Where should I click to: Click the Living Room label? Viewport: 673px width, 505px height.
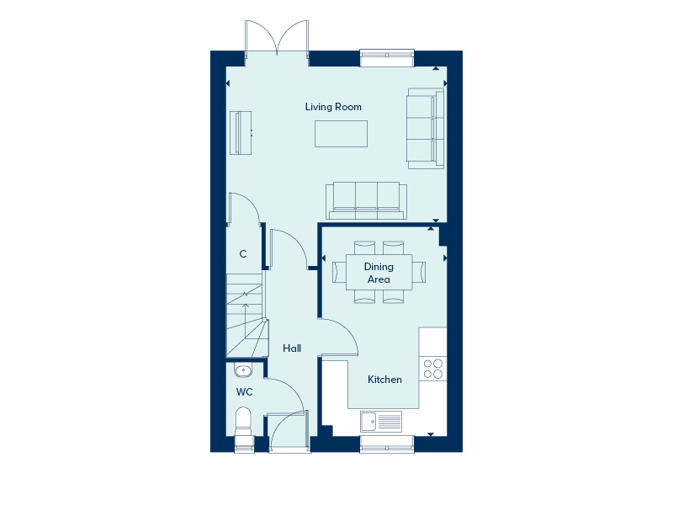pyautogui.click(x=333, y=107)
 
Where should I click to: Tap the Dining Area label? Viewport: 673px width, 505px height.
pyautogui.click(x=379, y=273)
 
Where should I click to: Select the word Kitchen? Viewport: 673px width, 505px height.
pyautogui.click(x=384, y=380)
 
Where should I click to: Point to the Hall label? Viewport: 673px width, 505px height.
pyautogui.click(x=292, y=348)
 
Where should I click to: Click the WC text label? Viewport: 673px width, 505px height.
pyautogui.click(x=244, y=392)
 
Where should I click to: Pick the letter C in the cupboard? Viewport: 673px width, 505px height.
pyautogui.click(x=243, y=254)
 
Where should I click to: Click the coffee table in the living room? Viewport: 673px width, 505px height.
pyautogui.click(x=341, y=134)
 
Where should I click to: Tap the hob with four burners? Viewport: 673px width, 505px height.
pyautogui.click(x=433, y=369)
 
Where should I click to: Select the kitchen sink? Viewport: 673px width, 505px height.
pyautogui.click(x=381, y=422)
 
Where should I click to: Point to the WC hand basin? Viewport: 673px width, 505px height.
pyautogui.click(x=243, y=370)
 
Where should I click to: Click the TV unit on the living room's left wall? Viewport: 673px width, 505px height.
pyautogui.click(x=241, y=133)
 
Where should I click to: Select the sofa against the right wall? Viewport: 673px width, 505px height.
pyautogui.click(x=425, y=129)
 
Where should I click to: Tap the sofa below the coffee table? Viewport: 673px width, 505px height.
pyautogui.click(x=366, y=200)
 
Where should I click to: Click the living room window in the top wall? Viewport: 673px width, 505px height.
pyautogui.click(x=387, y=58)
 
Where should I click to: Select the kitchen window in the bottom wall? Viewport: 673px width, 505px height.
pyautogui.click(x=387, y=444)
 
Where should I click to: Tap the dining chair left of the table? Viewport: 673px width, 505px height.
pyautogui.click(x=339, y=272)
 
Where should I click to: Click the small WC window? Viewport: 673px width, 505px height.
pyautogui.click(x=244, y=444)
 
